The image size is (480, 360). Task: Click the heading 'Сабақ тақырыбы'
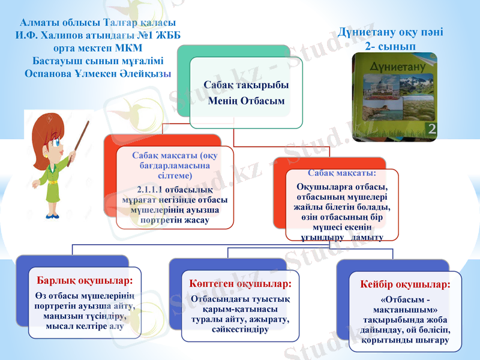(x=245, y=85)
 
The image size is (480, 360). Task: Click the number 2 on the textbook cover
(x=430, y=127)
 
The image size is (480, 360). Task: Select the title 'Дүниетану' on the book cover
(x=392, y=68)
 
